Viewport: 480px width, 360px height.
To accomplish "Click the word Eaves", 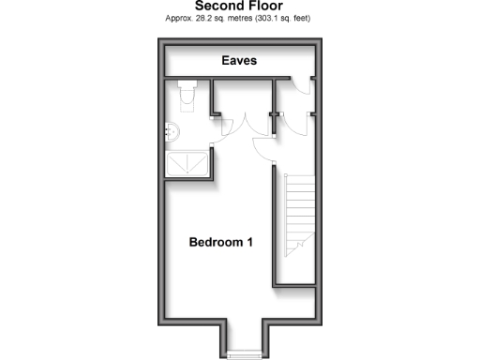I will point(240,61).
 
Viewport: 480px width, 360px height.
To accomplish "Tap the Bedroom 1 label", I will point(221,242).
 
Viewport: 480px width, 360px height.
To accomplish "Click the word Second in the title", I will point(215,5).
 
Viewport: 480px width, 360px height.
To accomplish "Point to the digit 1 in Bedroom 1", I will point(250,242).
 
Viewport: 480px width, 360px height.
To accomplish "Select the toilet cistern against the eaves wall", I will point(185,84).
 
